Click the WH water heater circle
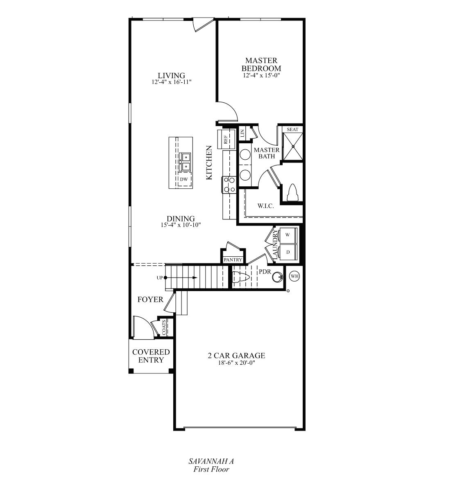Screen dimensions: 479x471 (294, 276)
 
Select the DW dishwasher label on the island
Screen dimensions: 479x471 (183, 179)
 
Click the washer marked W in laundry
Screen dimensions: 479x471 (288, 235)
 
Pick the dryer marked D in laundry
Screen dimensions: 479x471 (288, 252)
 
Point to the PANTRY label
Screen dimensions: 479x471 (233, 260)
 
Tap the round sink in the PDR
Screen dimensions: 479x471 (278, 277)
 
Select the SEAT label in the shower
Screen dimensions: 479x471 (292, 129)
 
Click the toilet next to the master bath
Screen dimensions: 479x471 (292, 192)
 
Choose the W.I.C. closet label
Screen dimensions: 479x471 (265, 206)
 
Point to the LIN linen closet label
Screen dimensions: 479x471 (242, 133)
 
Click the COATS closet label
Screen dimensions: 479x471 (164, 327)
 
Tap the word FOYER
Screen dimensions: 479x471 (150, 300)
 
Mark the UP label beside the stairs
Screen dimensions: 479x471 (159, 278)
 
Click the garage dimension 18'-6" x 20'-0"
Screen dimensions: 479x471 (236, 362)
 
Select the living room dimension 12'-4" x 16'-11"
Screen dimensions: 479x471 (171, 82)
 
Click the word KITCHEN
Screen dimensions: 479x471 (209, 163)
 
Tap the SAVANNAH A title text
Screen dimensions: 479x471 (211, 461)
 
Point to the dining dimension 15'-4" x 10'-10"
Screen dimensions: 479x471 (181, 225)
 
